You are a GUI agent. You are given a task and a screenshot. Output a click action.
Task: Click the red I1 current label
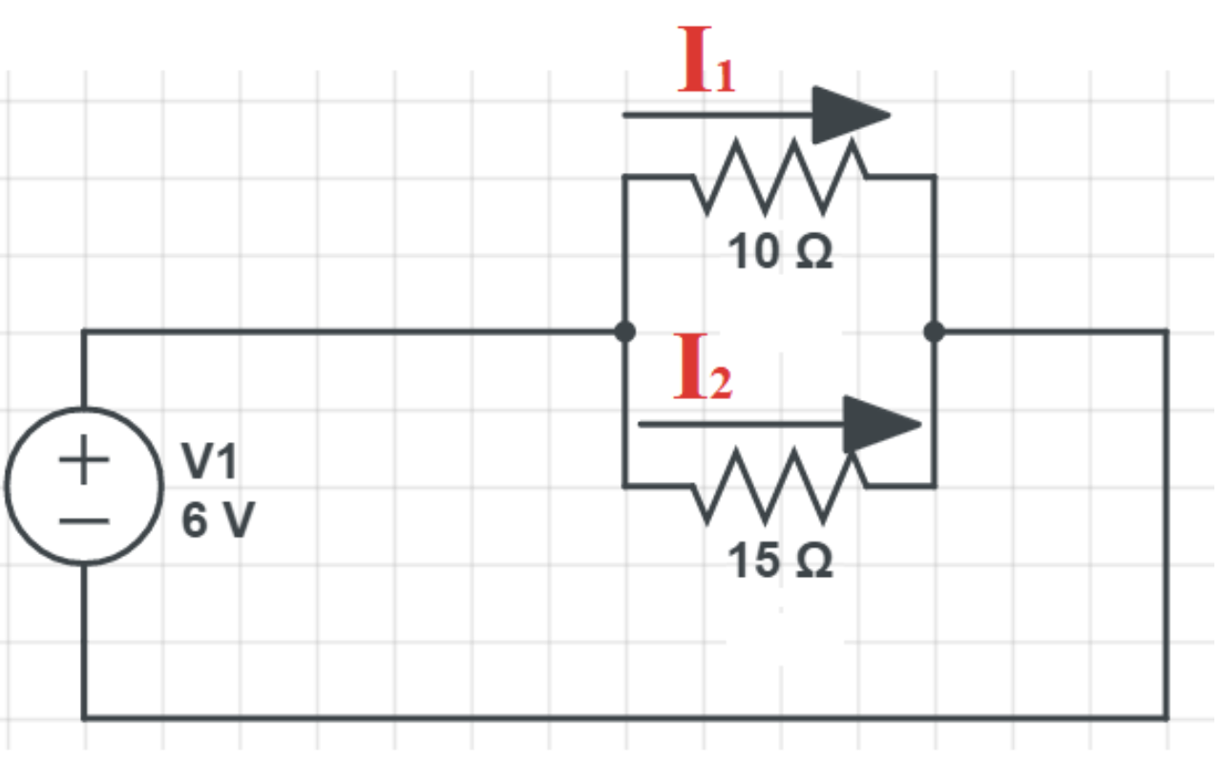(x=706, y=59)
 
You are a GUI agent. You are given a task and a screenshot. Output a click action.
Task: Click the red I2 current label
(x=704, y=367)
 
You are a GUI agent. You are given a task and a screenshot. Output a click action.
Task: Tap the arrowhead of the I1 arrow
(x=851, y=116)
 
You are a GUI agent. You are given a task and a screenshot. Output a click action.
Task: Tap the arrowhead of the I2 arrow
(x=882, y=425)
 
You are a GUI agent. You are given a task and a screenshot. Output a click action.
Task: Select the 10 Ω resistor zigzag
(x=780, y=177)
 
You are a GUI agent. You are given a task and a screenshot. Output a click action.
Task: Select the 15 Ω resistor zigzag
(x=780, y=486)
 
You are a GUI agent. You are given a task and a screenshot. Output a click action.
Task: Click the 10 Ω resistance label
(x=780, y=251)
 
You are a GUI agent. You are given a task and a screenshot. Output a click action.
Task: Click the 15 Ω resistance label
(x=780, y=561)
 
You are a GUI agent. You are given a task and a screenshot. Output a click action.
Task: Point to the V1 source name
(x=209, y=461)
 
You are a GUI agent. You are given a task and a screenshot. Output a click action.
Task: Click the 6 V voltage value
(x=218, y=520)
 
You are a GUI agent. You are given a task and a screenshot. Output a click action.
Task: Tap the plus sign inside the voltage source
(x=84, y=459)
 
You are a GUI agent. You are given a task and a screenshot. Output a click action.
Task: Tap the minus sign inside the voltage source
(x=84, y=521)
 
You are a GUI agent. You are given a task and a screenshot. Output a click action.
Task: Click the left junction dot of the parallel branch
(x=624, y=331)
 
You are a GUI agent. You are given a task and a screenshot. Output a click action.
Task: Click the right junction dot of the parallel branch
(x=934, y=331)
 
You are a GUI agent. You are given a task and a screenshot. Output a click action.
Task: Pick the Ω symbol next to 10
(x=814, y=251)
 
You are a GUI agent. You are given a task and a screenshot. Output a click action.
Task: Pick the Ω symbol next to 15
(x=814, y=561)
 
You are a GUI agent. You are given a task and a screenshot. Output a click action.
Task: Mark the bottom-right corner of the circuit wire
(x=1167, y=717)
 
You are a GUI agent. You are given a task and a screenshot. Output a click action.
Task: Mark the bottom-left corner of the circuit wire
(x=84, y=717)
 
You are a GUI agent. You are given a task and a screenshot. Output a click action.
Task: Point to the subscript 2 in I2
(x=721, y=383)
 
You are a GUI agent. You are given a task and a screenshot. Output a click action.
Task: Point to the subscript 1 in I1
(x=725, y=75)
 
